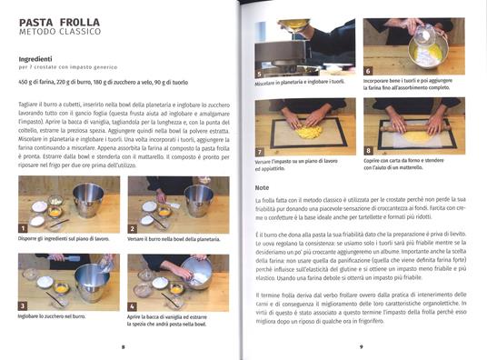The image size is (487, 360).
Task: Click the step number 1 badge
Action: click(x=25, y=227)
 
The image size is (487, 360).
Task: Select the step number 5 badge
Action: click(x=261, y=73)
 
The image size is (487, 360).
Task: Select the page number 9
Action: click(x=360, y=346)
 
